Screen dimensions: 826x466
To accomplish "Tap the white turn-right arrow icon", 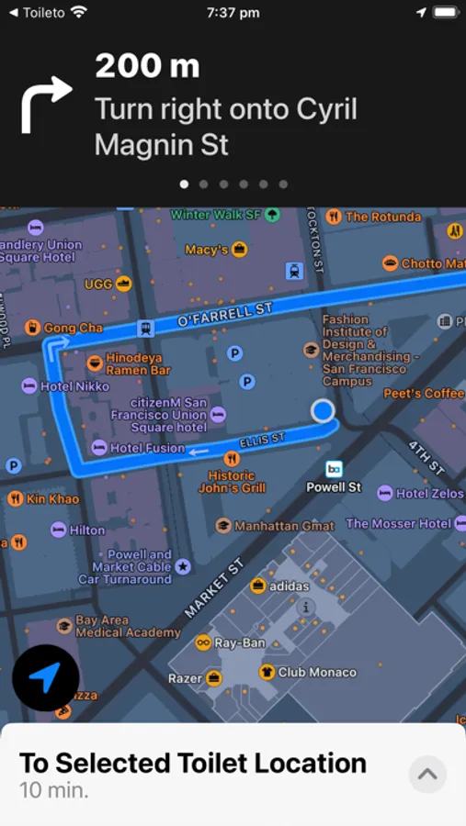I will tap(46, 104).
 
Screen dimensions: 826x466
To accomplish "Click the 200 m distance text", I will tap(147, 66).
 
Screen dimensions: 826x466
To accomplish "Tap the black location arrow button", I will tap(45, 678).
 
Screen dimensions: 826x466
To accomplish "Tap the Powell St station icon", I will tap(334, 469).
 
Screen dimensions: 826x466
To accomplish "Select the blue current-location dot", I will tap(323, 410).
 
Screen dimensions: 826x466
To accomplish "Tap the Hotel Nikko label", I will tap(74, 386).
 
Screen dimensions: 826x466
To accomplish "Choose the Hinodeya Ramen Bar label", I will tap(138, 363).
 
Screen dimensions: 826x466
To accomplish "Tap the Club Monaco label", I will tap(316, 672).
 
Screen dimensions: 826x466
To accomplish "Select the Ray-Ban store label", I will tap(239, 643).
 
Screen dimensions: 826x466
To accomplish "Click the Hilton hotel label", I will tap(87, 530).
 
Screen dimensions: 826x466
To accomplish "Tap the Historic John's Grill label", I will tap(232, 482).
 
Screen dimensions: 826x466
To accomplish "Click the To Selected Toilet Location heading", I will tap(193, 763).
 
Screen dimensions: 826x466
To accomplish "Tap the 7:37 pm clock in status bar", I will tap(233, 13).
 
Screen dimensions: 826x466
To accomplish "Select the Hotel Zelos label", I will tap(429, 494).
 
